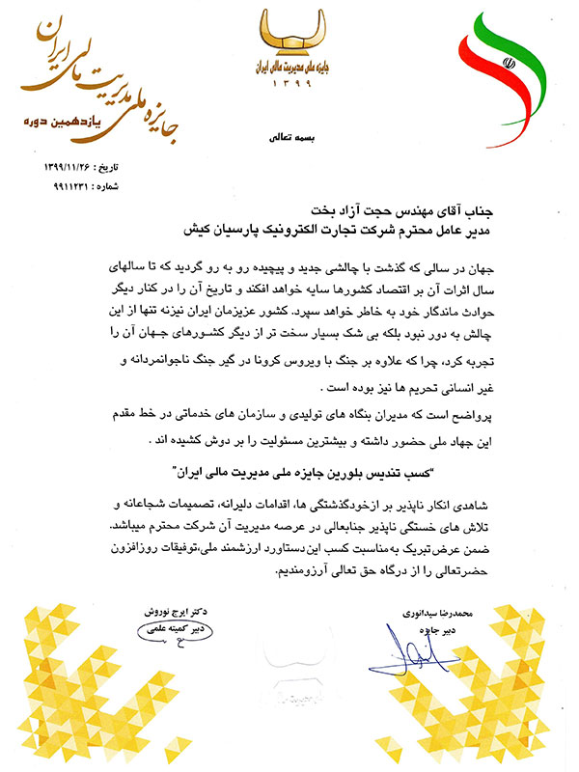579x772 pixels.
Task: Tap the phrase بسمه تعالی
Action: (x=289, y=138)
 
